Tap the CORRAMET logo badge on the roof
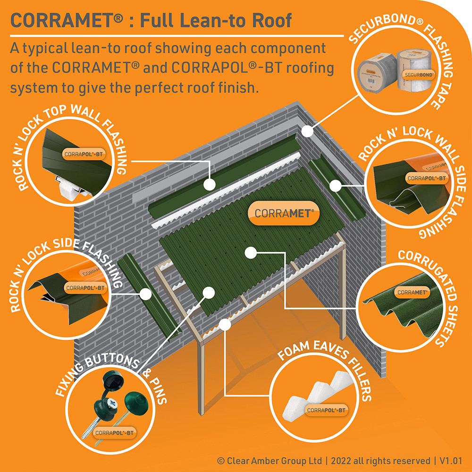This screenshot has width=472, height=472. [x=284, y=213]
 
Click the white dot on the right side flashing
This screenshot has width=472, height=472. [x=336, y=185]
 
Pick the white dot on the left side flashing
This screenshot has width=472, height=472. [x=146, y=294]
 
